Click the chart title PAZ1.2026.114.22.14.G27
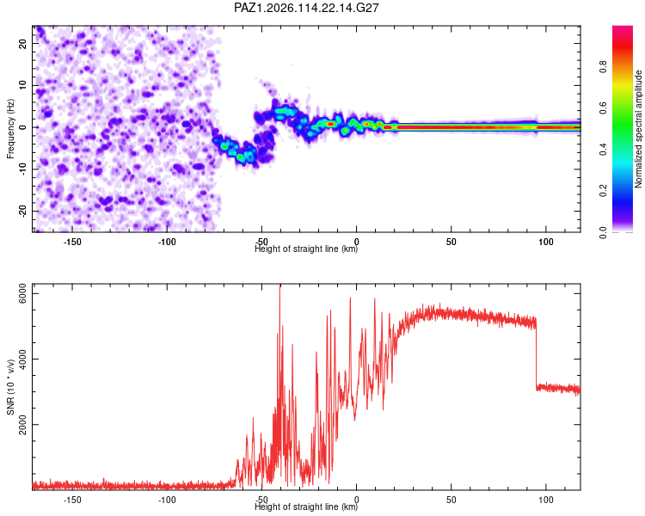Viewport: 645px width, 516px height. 306,8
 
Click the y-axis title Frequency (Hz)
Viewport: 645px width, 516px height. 10,129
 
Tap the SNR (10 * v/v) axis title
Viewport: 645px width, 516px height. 10,387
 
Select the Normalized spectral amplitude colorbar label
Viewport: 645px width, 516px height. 638,129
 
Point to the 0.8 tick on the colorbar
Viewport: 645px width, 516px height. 604,66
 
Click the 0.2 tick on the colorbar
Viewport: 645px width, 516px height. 604,191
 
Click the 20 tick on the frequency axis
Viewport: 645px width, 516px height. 22,44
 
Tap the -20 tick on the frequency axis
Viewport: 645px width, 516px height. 22,211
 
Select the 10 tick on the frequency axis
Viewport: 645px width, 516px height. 22,85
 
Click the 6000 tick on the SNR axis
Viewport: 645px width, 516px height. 22,293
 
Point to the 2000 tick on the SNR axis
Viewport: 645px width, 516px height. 22,424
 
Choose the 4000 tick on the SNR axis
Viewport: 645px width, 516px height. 22,359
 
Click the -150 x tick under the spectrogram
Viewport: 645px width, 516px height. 72,242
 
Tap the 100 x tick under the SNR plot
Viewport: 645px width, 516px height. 546,500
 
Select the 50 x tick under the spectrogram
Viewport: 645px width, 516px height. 451,242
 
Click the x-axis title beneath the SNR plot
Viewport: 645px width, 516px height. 306,507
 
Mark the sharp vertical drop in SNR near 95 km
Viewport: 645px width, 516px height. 537,353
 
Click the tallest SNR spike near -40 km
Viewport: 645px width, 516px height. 280,288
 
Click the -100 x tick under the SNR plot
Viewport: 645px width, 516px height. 167,500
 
